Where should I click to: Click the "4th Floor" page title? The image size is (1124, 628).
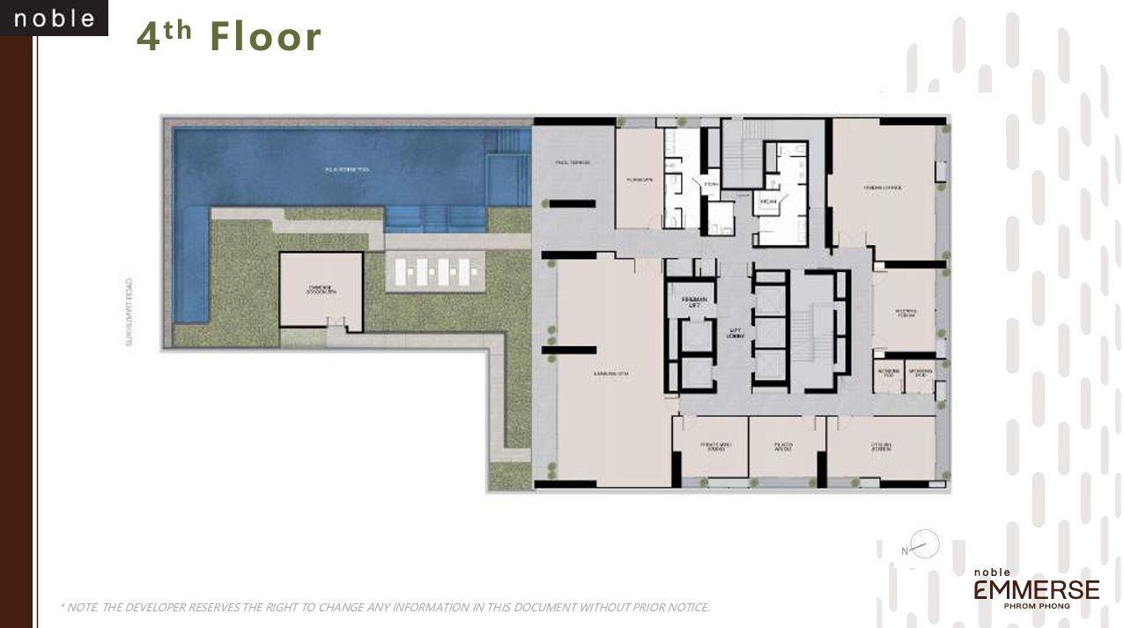pyautogui.click(x=229, y=37)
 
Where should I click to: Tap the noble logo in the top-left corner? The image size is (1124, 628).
pyautogui.click(x=54, y=18)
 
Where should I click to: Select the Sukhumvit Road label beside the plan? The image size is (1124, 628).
pyautogui.click(x=129, y=313)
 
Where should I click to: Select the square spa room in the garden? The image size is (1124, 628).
pyautogui.click(x=321, y=292)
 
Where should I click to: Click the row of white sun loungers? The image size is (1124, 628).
pyautogui.click(x=433, y=271)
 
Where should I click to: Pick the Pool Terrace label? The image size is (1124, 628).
pyautogui.click(x=572, y=163)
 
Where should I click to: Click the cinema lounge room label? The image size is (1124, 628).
pyautogui.click(x=882, y=186)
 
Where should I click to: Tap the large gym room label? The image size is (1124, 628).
pyautogui.click(x=610, y=373)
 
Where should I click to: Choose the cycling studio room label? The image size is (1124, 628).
pyautogui.click(x=881, y=447)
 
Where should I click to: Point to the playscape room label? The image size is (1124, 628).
pyautogui.click(x=639, y=178)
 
